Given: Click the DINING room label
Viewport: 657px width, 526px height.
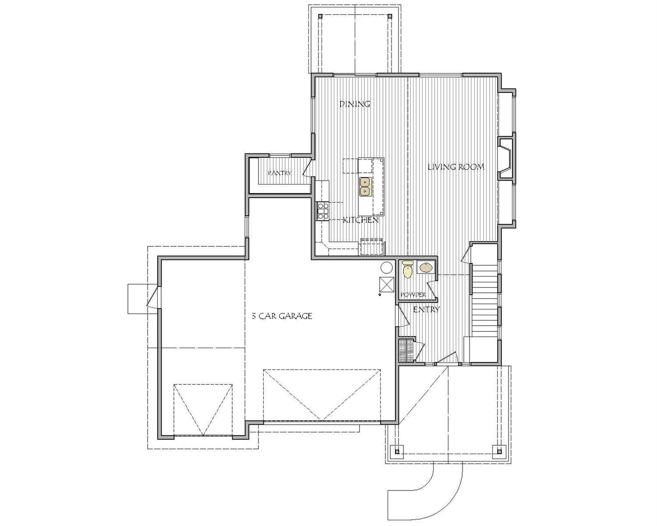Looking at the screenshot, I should pyautogui.click(x=355, y=104).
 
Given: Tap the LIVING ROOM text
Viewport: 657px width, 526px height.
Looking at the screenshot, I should pyautogui.click(x=456, y=167).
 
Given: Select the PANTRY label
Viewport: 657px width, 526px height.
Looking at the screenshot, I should pyautogui.click(x=279, y=173).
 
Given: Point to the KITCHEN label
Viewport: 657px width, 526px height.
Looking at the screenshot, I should pyautogui.click(x=360, y=220).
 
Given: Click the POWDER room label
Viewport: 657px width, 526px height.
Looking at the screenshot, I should pyautogui.click(x=413, y=295).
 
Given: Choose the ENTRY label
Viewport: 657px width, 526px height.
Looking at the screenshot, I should pyautogui.click(x=426, y=309).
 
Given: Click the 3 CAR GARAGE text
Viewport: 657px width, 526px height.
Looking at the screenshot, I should pyautogui.click(x=282, y=316).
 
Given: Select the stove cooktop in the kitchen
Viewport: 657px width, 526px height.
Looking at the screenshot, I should pyautogui.click(x=323, y=210).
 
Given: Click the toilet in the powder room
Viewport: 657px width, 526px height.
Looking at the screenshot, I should pyautogui.click(x=408, y=269).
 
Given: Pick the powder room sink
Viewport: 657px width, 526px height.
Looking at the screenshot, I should pyautogui.click(x=426, y=267).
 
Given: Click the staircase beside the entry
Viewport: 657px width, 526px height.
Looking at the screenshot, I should pyautogui.click(x=484, y=298).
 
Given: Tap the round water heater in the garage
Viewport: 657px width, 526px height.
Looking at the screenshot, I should pyautogui.click(x=386, y=267).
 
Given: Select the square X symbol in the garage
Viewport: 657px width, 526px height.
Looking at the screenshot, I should pyautogui.click(x=387, y=285).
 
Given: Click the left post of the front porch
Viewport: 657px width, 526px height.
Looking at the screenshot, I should pyautogui.click(x=396, y=451).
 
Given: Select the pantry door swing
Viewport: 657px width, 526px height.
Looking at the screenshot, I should pyautogui.click(x=308, y=169).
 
